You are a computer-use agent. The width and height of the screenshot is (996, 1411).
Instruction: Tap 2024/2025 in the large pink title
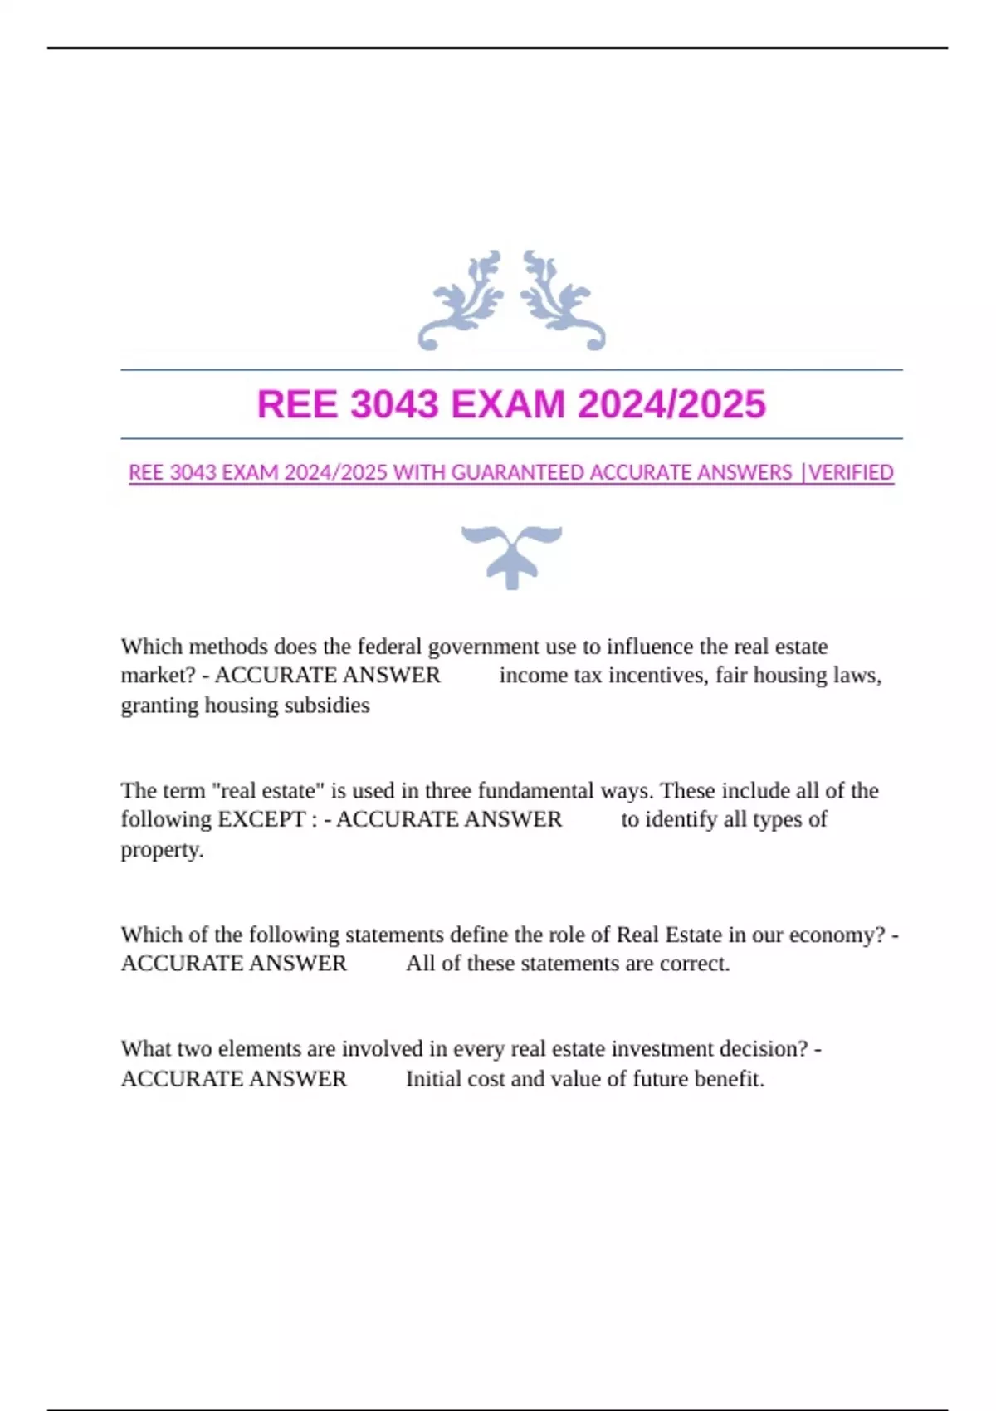point(671,405)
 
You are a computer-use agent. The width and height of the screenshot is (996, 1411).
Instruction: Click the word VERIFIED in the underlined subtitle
point(851,473)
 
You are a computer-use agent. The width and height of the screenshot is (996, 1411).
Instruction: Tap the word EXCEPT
point(261,819)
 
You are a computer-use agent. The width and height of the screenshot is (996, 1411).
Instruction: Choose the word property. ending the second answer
point(162,850)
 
